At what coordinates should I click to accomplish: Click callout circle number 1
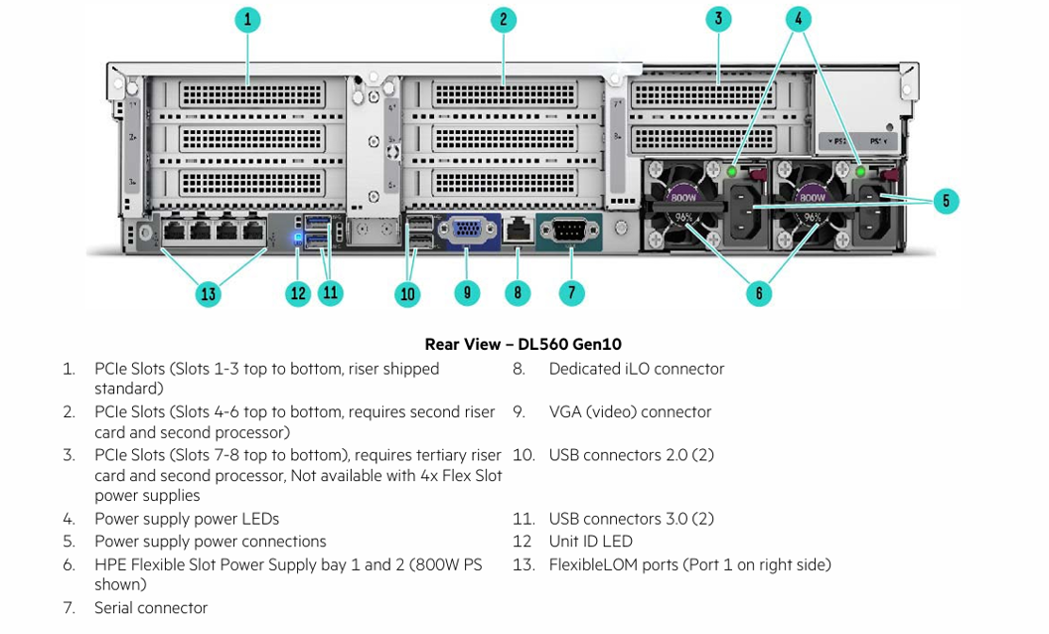tap(247, 19)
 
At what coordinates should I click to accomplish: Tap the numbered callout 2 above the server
tap(504, 19)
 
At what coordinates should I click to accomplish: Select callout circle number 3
tap(718, 19)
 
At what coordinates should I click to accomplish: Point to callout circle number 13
tap(208, 293)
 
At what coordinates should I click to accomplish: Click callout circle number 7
tap(571, 293)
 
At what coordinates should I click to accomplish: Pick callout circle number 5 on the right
tap(946, 201)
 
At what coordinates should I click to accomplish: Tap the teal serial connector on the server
tap(568, 231)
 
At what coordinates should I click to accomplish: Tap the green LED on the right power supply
tap(860, 172)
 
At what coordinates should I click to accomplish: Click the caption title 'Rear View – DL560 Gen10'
tap(523, 345)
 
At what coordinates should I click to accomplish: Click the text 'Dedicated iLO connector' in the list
tap(636, 369)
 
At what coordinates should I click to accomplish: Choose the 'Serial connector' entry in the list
tap(151, 608)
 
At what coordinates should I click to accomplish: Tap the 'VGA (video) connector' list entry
tap(630, 411)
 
